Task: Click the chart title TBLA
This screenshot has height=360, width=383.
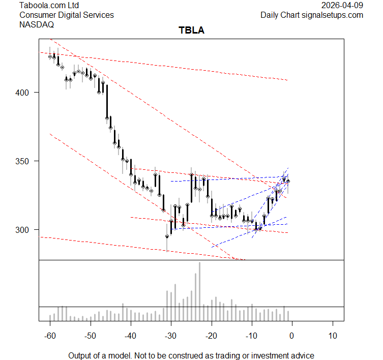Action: [191, 31]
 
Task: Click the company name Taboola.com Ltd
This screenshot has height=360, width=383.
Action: [50, 6]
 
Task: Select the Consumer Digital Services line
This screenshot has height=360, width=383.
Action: [67, 15]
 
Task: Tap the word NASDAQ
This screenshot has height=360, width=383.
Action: [36, 24]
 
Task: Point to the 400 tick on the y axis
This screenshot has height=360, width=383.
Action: [25, 93]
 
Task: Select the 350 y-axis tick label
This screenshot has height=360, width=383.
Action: [25, 161]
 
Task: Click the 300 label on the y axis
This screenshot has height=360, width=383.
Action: [25, 230]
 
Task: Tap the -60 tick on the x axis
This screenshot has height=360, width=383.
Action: [50, 336]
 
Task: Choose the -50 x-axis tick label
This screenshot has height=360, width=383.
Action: [90, 336]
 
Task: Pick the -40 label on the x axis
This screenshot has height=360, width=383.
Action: [131, 336]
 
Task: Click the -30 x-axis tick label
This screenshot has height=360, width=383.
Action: [171, 336]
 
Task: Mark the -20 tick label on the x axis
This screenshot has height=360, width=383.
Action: [211, 336]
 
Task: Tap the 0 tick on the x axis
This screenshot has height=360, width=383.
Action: [292, 336]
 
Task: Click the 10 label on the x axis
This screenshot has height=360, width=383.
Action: [333, 336]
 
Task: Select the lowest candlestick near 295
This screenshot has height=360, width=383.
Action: [167, 236]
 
